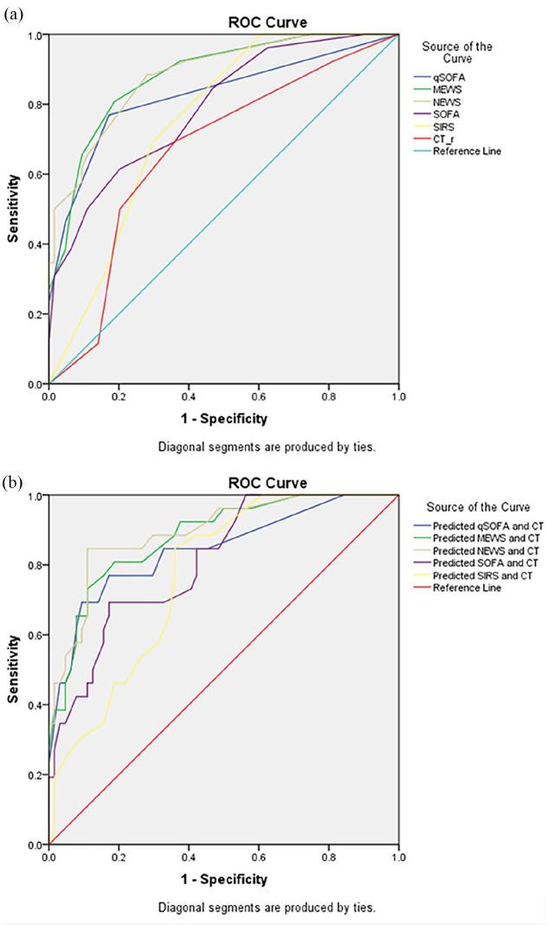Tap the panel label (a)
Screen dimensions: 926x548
(x=12, y=12)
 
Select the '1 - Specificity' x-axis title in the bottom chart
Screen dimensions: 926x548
(x=223, y=879)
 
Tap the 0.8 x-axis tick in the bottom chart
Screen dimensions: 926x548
(x=328, y=857)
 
